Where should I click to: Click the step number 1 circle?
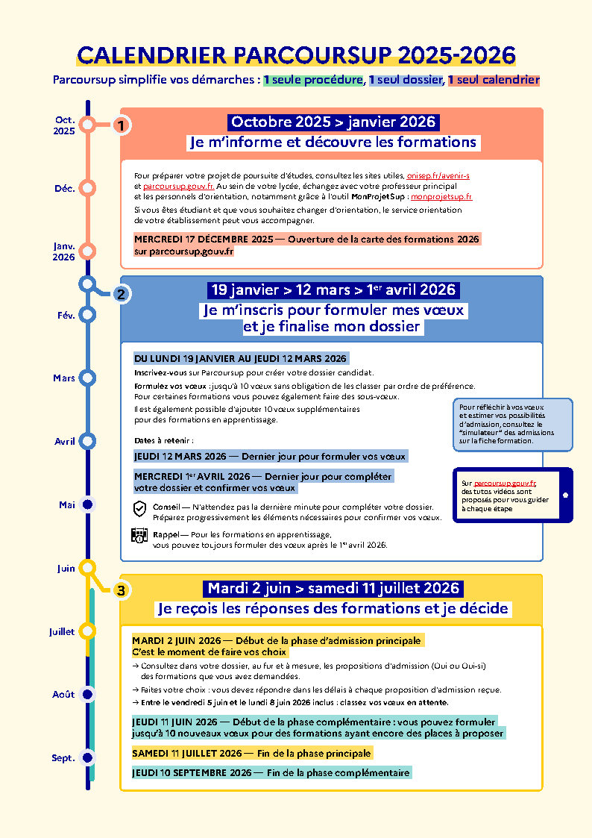click(x=121, y=125)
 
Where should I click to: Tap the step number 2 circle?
click(x=121, y=294)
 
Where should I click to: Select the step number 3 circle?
click(x=121, y=590)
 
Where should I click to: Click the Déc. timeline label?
click(x=65, y=189)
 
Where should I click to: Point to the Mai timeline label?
click(x=67, y=505)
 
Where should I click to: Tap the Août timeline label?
click(x=63, y=695)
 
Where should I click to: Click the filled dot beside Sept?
click(x=87, y=757)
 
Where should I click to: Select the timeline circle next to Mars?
click(x=87, y=378)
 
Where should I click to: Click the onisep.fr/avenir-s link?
click(x=438, y=175)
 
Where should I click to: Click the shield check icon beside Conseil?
click(x=139, y=508)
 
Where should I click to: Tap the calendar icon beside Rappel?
click(x=139, y=535)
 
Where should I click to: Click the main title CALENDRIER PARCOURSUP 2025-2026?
click(x=296, y=55)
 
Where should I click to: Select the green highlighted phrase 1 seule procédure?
click(x=313, y=80)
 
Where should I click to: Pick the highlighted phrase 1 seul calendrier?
click(x=494, y=80)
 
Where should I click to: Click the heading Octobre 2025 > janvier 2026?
click(x=332, y=122)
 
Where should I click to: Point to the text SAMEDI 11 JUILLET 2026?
click(x=186, y=754)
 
